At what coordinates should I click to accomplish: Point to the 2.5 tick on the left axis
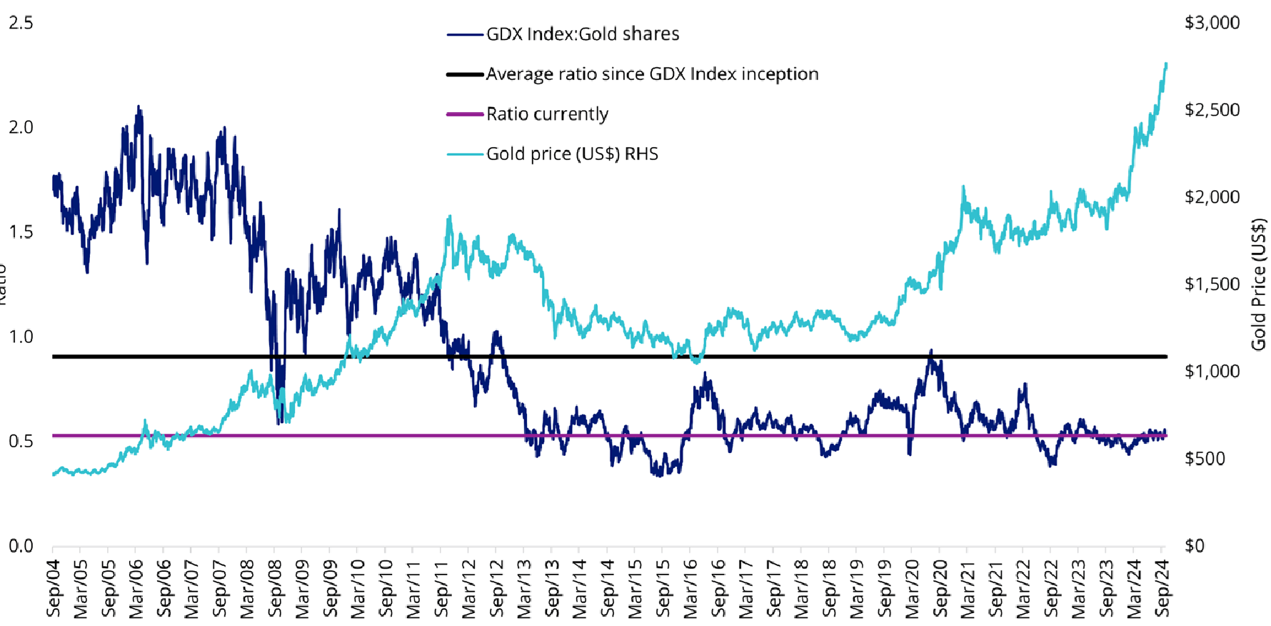(x=21, y=23)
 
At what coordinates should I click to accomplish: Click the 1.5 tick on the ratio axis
(x=21, y=232)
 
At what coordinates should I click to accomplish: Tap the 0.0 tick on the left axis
(x=21, y=546)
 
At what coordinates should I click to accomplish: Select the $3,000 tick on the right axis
(x=1212, y=23)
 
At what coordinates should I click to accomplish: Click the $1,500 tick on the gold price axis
(x=1212, y=284)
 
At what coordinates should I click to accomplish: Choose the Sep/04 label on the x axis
(x=54, y=588)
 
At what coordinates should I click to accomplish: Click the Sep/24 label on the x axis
(x=1162, y=588)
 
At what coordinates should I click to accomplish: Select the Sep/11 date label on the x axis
(x=442, y=588)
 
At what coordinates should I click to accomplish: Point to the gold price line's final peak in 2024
(x=1166, y=64)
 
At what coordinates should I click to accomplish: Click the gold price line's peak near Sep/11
(x=449, y=216)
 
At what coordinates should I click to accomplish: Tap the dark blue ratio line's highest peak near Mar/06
(x=139, y=106)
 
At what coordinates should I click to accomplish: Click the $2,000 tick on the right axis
(x=1212, y=197)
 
